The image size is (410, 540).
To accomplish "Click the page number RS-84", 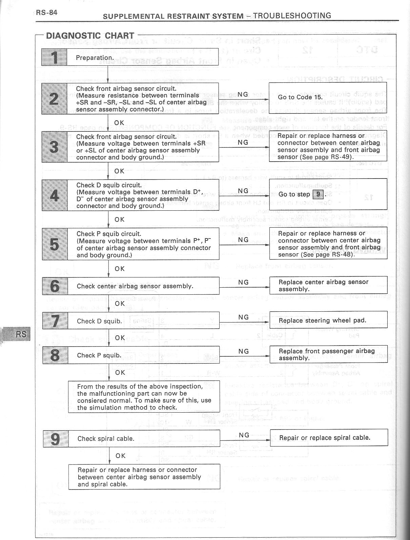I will coord(47,13).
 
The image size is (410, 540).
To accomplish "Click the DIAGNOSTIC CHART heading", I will coord(90,36).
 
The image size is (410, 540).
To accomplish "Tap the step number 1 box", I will coord(54,57).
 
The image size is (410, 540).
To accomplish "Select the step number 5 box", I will coord(55,244).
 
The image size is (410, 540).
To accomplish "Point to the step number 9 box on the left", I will coord(56,439).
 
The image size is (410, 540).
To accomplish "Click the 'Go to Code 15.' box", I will coord(328,98).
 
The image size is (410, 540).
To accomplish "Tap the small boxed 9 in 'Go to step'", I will coord(318,194).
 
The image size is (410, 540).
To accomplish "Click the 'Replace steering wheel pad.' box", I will coord(328,320).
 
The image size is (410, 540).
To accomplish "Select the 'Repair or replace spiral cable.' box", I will coord(329,438).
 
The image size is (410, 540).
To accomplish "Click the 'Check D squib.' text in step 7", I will coord(99,321).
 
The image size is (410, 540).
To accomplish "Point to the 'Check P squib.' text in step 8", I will coord(99,355).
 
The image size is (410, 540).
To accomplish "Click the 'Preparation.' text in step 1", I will coord(95,58).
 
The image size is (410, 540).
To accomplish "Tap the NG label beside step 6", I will coord(243,282).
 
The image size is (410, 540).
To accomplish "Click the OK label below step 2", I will coord(119,123).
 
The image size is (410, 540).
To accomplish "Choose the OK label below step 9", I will coord(121,456).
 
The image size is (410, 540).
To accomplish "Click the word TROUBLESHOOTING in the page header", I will coord(292,16).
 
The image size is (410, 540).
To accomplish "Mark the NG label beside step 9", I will coord(244,435).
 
